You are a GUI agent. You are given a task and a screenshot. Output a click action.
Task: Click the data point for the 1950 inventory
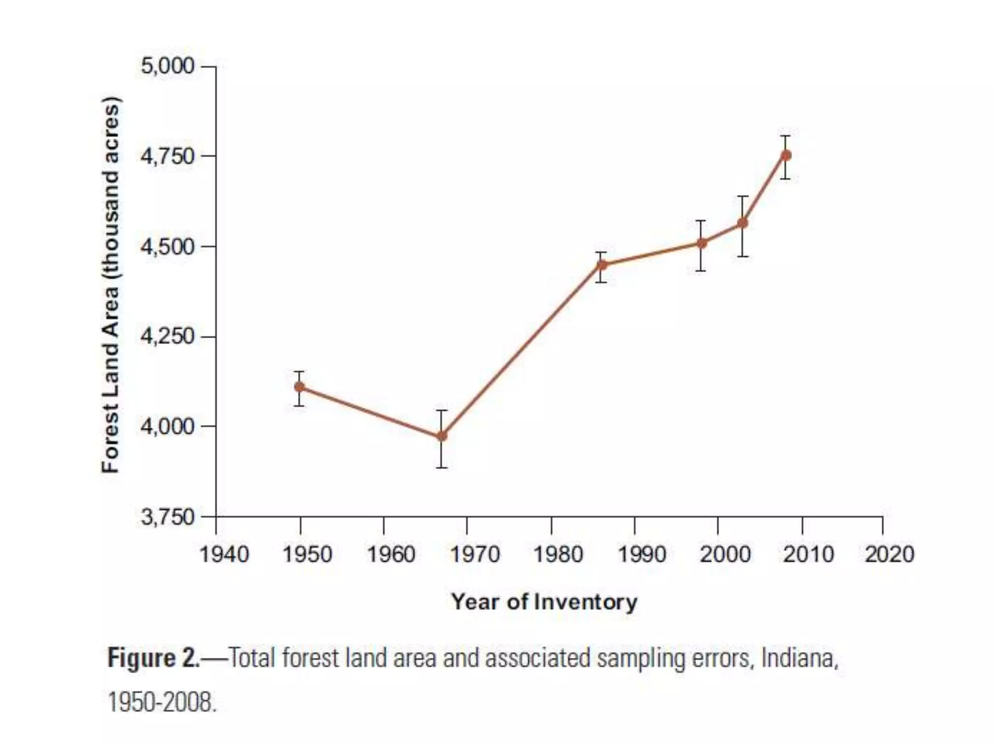299,387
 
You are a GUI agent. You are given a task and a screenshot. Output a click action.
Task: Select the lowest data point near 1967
442,436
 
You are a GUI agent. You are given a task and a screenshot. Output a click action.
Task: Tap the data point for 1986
602,265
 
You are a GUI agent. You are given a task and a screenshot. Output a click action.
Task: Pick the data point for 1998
702,243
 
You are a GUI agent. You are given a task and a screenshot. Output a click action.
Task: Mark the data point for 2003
743,223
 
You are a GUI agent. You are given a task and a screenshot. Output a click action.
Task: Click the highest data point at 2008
786,155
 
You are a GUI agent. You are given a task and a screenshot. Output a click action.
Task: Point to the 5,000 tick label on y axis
167,66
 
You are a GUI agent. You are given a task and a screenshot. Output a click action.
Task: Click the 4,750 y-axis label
167,156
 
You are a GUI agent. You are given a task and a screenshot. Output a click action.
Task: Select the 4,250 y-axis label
167,336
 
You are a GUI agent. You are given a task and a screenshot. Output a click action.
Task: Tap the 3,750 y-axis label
167,517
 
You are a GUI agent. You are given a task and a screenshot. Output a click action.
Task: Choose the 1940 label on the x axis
224,554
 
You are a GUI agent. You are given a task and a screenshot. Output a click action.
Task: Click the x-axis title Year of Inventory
544,602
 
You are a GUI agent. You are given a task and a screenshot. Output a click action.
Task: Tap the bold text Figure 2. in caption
153,659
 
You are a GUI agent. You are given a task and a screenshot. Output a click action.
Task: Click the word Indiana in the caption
799,659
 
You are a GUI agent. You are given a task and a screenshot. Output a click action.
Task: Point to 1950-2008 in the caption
161,702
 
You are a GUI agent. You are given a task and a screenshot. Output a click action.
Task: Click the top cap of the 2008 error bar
785,136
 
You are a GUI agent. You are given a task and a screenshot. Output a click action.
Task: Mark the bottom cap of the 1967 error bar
442,468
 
